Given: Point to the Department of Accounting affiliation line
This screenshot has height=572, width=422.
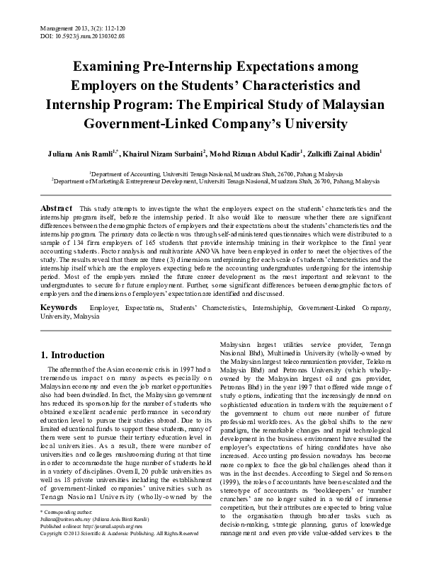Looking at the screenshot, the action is [210, 173].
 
